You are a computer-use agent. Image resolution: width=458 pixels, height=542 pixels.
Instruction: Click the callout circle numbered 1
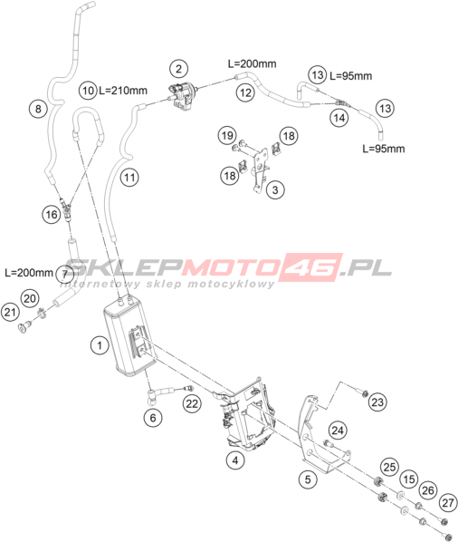tap(100, 345)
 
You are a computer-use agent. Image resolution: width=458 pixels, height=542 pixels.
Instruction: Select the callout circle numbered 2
tap(178, 69)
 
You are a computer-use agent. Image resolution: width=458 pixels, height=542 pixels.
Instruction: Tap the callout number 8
tap(38, 109)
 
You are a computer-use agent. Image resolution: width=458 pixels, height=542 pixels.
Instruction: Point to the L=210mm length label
tap(123, 91)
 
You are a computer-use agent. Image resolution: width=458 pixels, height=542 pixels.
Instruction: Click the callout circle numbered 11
tap(129, 178)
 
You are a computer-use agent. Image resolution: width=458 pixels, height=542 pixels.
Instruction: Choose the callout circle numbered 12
tap(245, 92)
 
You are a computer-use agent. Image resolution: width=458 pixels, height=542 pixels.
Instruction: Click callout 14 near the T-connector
tap(339, 118)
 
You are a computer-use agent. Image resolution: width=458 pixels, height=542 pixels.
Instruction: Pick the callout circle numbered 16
tap(52, 215)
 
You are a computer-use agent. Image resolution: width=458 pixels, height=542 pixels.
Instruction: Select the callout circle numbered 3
tap(275, 189)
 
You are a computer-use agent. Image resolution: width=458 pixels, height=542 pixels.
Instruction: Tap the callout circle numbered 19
tap(227, 135)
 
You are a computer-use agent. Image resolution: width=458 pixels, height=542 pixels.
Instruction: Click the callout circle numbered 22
tap(192, 403)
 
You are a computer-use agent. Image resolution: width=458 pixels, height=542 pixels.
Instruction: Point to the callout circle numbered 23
tap(377, 402)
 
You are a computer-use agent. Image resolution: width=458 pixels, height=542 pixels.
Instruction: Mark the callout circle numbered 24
tap(338, 431)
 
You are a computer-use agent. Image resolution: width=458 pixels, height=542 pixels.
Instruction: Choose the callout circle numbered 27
tap(448, 502)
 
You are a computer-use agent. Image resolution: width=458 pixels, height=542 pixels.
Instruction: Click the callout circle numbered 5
tap(308, 479)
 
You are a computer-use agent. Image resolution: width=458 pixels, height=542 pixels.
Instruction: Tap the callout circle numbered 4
tap(235, 460)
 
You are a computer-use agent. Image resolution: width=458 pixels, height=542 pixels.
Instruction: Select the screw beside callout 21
tap(24, 326)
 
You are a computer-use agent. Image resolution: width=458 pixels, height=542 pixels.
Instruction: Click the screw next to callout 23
tap(362, 393)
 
